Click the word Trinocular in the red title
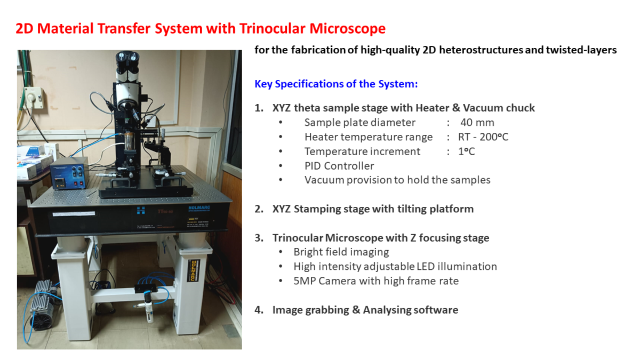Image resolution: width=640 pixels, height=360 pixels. coord(273,29)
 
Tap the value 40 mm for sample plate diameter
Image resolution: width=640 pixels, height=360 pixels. coord(477,123)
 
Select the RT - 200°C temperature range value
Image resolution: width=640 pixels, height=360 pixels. coord(483,137)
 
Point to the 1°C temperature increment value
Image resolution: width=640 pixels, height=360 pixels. coord(466,151)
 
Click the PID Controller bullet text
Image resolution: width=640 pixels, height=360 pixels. coord(339,166)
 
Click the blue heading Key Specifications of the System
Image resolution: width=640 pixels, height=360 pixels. coord(336,84)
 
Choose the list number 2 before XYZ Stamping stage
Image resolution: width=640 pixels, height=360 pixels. coord(259,209)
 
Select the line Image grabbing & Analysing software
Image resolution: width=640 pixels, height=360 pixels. coord(365,310)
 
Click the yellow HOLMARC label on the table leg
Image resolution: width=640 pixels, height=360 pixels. coord(194,270)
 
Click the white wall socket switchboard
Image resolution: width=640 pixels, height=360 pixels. coord(34,98)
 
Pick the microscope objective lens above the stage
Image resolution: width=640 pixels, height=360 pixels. coord(130,141)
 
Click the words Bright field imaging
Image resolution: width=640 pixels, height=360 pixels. coord(341,252)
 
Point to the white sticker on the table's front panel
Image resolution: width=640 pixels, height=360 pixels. coord(74,214)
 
